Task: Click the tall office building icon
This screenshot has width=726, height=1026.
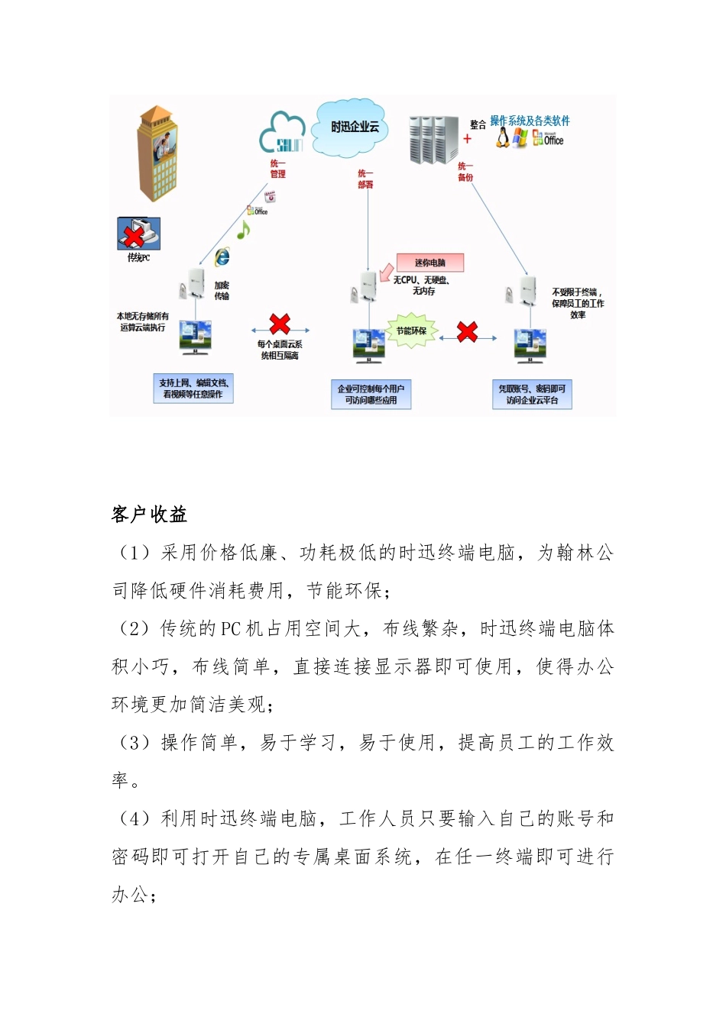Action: pyautogui.click(x=157, y=153)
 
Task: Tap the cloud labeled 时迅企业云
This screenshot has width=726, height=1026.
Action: pyautogui.click(x=354, y=127)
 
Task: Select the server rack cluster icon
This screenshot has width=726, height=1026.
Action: pyautogui.click(x=433, y=140)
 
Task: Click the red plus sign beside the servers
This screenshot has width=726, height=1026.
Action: pyautogui.click(x=467, y=139)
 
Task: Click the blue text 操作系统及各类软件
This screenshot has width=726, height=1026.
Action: pyautogui.click(x=530, y=121)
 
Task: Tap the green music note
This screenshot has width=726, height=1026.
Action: pyautogui.click(x=243, y=229)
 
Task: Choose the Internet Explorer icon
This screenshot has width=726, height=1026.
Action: pyautogui.click(x=222, y=256)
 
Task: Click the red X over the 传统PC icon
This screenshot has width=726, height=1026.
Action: pyautogui.click(x=135, y=235)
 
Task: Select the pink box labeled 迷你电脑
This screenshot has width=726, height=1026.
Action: pyautogui.click(x=429, y=263)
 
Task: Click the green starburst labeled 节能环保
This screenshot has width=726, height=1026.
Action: pyautogui.click(x=411, y=331)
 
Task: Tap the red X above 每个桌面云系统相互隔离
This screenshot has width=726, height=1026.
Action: pyautogui.click(x=280, y=324)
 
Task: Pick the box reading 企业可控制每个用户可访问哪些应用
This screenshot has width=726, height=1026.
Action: pyautogui.click(x=371, y=394)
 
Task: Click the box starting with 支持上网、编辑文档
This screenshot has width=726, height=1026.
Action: pyautogui.click(x=193, y=389)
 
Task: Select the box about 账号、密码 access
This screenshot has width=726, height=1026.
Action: pyautogui.click(x=532, y=394)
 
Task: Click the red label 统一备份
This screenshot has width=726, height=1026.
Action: pyautogui.click(x=465, y=172)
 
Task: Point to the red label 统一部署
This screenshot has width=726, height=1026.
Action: pyautogui.click(x=366, y=179)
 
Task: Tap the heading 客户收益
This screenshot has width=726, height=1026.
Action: pyautogui.click(x=149, y=515)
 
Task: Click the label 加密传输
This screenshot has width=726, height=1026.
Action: pyautogui.click(x=222, y=290)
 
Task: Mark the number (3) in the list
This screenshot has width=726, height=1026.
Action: pyautogui.click(x=135, y=743)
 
